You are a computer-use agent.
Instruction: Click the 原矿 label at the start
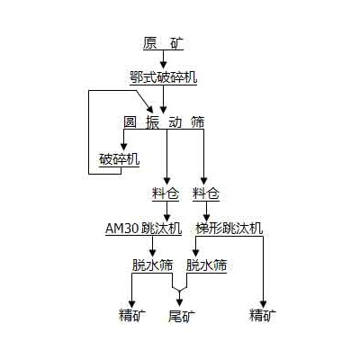[162, 43]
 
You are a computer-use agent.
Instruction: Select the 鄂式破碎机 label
[163, 77]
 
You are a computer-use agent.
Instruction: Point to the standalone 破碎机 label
[120, 159]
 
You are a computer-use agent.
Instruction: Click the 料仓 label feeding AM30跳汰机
[166, 193]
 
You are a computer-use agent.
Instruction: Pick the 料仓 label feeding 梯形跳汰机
[206, 193]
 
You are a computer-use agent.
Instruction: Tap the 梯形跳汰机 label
[230, 229]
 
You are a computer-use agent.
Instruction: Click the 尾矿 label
[181, 315]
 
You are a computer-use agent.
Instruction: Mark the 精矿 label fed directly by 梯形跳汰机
[263, 315]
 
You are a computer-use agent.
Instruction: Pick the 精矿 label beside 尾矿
[132, 315]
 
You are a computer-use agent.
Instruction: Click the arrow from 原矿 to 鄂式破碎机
[163, 59]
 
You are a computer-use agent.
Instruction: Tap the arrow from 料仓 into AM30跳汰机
[166, 211]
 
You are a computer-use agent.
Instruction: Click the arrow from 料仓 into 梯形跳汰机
[206, 211]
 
